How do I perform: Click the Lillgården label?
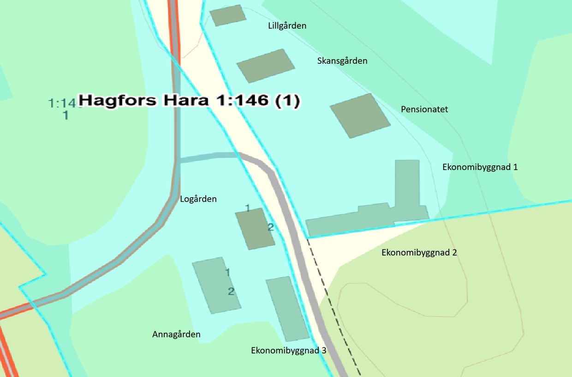(x=287, y=26)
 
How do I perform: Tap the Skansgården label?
(x=342, y=61)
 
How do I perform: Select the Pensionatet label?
(x=424, y=109)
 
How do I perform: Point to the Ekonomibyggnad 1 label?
(x=480, y=167)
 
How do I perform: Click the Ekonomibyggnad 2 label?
(x=419, y=253)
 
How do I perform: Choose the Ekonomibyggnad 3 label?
(x=288, y=350)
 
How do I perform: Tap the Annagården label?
(x=176, y=334)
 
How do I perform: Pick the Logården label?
(x=198, y=199)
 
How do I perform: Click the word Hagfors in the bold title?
(x=118, y=100)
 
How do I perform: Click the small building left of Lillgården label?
(x=228, y=15)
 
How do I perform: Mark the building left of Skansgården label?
(x=265, y=66)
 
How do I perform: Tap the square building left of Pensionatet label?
(x=360, y=116)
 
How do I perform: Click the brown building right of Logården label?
(x=255, y=229)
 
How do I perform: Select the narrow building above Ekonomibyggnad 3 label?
(x=287, y=308)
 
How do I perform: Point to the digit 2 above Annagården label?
(x=231, y=292)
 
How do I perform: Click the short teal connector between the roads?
(x=208, y=157)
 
